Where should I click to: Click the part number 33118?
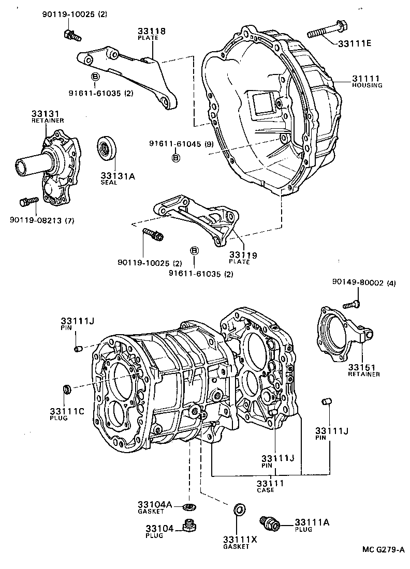click(x=151, y=31)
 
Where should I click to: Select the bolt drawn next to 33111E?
click(x=321, y=29)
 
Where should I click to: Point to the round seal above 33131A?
click(x=107, y=147)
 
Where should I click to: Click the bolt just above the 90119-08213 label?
click(x=27, y=200)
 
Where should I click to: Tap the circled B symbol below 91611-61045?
click(x=175, y=157)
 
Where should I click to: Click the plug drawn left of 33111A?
click(x=270, y=523)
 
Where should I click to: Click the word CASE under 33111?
click(x=266, y=490)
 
